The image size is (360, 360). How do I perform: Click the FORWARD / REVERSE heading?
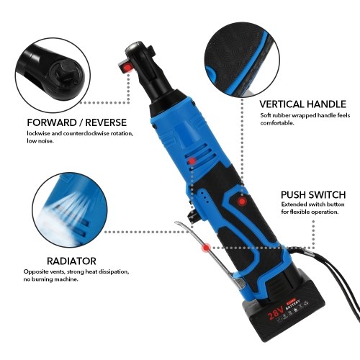click(x=77, y=122)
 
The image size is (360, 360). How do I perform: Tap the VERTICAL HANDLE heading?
click(x=302, y=104)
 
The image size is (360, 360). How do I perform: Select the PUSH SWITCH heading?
click(x=313, y=194)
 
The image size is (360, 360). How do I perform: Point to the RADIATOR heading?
click(x=71, y=261)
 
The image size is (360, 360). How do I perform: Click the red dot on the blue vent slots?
click(x=192, y=161)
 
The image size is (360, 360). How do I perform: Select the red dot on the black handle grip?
click(x=242, y=201)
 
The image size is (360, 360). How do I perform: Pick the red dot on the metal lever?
click(x=206, y=248)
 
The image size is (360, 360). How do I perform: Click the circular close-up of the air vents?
click(x=70, y=210)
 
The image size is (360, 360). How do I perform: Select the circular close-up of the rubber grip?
click(x=242, y=60)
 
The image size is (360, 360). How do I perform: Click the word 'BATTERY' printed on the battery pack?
click(x=293, y=305)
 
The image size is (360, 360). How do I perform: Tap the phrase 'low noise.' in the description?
click(x=40, y=141)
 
